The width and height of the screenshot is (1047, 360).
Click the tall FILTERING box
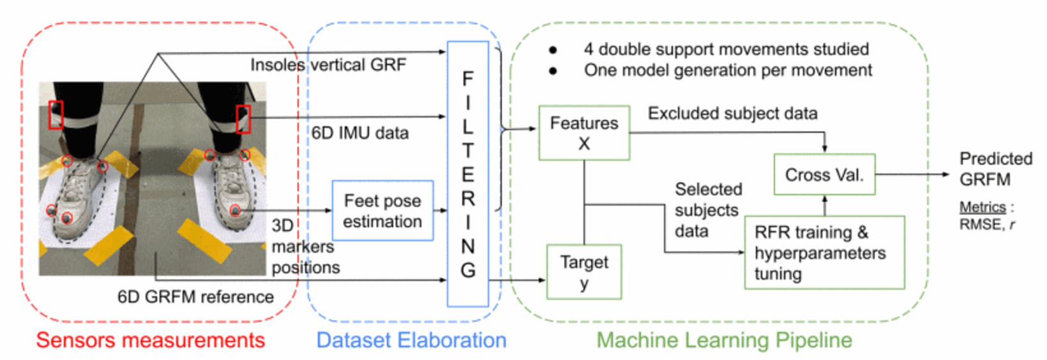467,174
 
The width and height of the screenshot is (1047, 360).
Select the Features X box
584,133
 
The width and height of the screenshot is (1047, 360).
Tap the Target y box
584,272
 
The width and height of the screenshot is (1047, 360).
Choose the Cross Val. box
824,174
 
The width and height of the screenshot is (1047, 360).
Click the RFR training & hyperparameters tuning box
824,253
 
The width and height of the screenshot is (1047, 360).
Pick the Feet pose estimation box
382,211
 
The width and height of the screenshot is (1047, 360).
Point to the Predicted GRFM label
995,169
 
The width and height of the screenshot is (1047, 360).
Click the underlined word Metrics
982,207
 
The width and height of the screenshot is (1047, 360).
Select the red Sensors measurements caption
150,340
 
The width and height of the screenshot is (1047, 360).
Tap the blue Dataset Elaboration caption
411,340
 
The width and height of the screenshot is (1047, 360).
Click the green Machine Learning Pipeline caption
724,340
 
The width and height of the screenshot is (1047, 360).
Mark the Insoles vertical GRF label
328,65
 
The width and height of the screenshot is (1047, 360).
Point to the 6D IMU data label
360,133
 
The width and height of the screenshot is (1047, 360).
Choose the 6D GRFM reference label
195,297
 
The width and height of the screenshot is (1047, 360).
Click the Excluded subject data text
732,114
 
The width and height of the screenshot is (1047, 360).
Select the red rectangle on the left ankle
56,115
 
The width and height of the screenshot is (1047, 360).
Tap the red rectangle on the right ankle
243,119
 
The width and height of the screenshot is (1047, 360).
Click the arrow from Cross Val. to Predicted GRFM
912,174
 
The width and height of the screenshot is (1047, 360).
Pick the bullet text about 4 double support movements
726,49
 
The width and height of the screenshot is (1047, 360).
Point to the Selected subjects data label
707,210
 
